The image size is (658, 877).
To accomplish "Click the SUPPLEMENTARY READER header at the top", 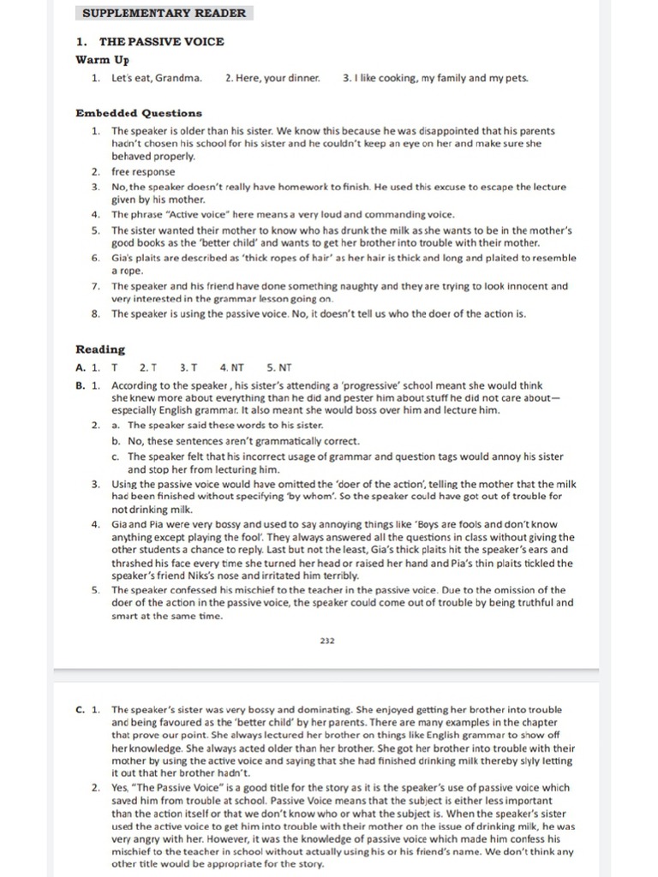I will (164, 13).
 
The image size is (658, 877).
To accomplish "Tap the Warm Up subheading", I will (102, 60).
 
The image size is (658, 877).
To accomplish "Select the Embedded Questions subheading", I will (139, 113).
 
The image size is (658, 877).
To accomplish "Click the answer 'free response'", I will (143, 171).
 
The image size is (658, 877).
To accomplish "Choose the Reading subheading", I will (100, 349).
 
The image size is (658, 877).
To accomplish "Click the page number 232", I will (326, 640).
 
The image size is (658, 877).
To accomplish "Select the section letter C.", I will (80, 710).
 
